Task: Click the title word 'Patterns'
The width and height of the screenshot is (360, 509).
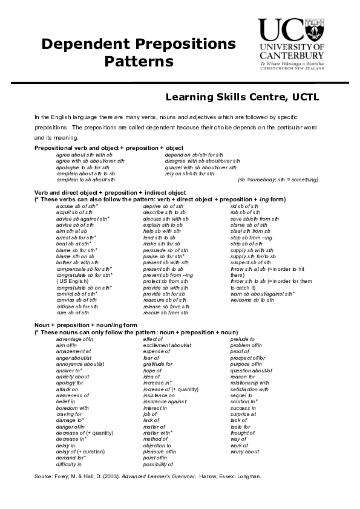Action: click(x=139, y=62)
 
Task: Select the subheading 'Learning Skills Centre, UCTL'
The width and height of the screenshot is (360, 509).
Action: click(x=242, y=97)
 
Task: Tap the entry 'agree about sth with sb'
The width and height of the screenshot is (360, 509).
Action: click(x=85, y=155)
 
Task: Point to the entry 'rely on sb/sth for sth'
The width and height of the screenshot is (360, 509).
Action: click(x=189, y=173)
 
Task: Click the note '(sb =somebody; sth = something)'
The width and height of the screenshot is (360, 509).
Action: click(x=278, y=180)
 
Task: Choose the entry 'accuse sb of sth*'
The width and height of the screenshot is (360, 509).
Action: click(x=77, y=206)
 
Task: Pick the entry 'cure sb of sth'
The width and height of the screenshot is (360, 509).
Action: click(x=73, y=313)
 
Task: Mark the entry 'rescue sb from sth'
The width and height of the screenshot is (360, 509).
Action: click(x=166, y=313)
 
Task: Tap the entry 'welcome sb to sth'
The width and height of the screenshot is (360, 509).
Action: click(x=253, y=300)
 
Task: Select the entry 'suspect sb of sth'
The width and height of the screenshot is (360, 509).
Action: click(x=251, y=262)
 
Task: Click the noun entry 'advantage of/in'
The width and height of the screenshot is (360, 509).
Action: click(x=75, y=339)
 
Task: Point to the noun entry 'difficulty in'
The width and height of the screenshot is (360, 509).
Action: click(x=69, y=464)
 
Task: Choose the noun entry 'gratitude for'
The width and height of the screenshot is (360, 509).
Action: click(x=158, y=364)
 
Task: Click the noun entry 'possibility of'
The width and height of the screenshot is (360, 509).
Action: click(x=159, y=464)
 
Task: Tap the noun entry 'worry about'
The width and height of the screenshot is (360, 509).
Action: click(x=245, y=452)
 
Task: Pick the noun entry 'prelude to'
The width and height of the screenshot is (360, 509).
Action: click(x=243, y=339)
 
